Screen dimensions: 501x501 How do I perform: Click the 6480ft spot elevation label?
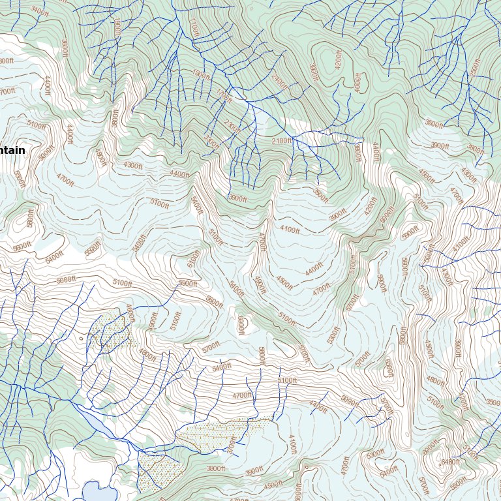coord(451,463)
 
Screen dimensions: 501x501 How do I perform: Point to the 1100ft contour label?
coord(193,27)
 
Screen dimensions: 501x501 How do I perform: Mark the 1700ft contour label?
coord(224,95)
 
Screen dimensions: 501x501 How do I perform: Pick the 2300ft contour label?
coord(232,125)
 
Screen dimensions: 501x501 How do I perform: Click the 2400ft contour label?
coord(279,83)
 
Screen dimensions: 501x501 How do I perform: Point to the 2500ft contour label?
coord(475,68)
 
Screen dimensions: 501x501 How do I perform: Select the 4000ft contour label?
coord(357,82)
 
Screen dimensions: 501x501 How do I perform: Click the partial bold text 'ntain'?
coord(12,150)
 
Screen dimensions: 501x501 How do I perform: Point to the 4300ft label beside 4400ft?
coord(132,166)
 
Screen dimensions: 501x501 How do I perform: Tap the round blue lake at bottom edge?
coord(97,491)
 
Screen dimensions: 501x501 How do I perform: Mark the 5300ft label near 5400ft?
coord(376,454)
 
